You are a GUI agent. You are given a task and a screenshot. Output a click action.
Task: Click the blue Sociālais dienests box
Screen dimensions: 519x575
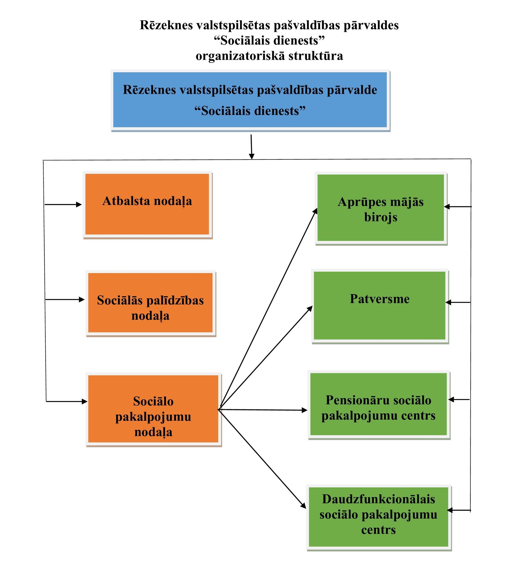pos(250,100)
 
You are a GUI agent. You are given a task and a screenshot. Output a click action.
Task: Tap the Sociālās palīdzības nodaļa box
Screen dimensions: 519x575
pos(151,303)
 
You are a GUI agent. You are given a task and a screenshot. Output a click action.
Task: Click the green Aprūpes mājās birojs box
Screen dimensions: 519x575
pos(381,208)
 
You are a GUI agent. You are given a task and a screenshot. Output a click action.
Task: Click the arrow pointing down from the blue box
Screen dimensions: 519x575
pos(251,147)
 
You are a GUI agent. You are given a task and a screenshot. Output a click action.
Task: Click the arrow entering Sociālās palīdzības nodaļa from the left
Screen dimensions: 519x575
pos(65,300)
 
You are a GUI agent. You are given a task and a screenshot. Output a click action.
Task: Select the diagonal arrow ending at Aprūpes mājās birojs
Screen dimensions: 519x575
pos(268,309)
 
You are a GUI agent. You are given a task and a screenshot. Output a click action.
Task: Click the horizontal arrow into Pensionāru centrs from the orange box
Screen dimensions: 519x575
pos(263,410)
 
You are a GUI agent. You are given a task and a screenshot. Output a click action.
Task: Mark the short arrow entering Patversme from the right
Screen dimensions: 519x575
pos(458,302)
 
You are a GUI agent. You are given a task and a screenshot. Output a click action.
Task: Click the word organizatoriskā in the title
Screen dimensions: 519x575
pos(240,56)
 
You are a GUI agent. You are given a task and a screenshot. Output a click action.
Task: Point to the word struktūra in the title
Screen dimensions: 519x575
pos(316,56)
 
